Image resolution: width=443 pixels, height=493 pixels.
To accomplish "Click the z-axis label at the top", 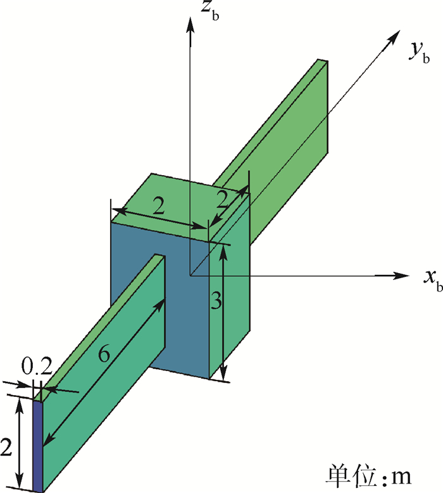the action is (210, 11).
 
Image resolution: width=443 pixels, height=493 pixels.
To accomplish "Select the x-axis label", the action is (434, 281).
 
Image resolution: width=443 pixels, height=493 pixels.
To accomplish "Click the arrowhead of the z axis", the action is (190, 25).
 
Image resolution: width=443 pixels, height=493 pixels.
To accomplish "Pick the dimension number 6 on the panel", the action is (104, 353).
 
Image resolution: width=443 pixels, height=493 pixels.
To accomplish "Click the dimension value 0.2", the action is (37, 366).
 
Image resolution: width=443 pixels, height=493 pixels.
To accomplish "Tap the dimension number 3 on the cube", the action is (216, 300).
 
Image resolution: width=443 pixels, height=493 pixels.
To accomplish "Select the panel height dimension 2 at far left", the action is (6, 447).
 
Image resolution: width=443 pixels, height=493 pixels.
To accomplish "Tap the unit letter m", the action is (401, 477).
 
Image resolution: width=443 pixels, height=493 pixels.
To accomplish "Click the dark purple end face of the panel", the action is (37, 446).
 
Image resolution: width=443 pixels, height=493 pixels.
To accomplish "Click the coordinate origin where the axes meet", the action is (190, 276).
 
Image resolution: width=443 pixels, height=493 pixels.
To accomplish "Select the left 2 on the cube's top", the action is (159, 206).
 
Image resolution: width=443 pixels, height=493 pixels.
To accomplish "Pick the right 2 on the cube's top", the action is (223, 199).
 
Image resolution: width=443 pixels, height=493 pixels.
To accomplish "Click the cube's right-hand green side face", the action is (230, 286).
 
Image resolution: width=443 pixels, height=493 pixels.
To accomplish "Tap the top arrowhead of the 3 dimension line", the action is (223, 252).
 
